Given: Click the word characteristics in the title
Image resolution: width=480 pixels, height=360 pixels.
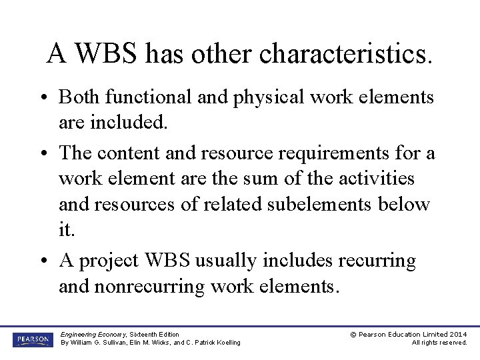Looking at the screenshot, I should point(345,53).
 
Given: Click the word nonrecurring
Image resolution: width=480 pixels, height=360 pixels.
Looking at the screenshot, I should point(131,286).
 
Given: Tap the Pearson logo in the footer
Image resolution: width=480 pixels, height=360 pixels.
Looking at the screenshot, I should point(31,339).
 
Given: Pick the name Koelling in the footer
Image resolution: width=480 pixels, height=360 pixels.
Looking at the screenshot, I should point(227,343).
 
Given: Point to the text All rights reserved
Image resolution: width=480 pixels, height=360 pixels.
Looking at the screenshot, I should point(439,343).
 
